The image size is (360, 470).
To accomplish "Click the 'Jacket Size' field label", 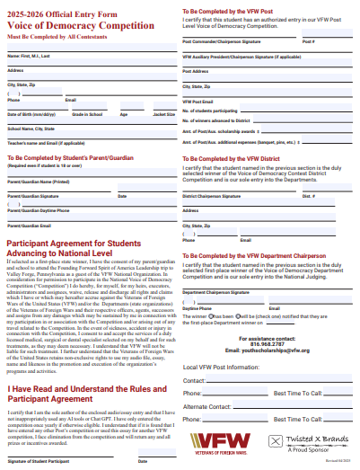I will tap(163, 115).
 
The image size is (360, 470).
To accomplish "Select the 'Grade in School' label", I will tap(87, 115).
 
